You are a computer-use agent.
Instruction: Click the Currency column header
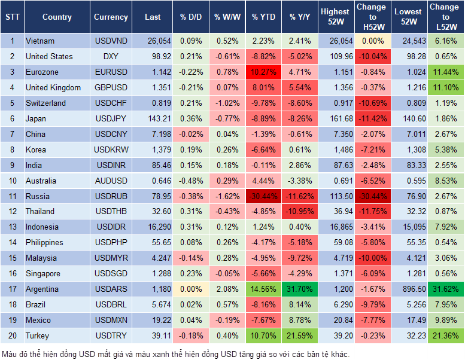[111, 17]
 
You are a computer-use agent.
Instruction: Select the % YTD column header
[263, 17]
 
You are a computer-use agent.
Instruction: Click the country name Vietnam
[40, 41]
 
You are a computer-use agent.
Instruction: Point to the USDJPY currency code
[111, 118]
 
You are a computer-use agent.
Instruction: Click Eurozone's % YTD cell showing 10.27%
[263, 72]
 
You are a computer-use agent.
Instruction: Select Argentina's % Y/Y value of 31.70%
[300, 289]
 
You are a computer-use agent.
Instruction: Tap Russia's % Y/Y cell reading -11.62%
[300, 196]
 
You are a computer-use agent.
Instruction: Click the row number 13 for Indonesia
[11, 227]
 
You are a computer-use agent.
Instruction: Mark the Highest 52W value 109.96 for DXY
[336, 56]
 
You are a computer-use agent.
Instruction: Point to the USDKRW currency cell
[111, 150]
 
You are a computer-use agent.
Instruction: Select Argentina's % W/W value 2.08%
[226, 289]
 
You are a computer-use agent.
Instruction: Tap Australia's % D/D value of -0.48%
[190, 181]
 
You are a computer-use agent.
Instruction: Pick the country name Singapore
[43, 273]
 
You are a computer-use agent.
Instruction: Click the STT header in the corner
[11, 17]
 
